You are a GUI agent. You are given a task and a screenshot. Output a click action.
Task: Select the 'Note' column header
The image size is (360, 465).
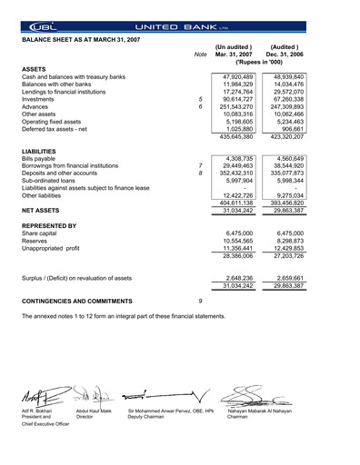200,54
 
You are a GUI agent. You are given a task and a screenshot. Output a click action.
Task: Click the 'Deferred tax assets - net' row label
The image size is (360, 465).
61,128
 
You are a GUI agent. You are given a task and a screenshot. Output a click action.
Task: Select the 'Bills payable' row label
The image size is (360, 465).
42,158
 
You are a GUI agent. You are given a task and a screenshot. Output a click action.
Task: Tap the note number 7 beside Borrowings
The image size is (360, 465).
199,167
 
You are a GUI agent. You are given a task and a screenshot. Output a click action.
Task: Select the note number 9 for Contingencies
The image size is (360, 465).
199,299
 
